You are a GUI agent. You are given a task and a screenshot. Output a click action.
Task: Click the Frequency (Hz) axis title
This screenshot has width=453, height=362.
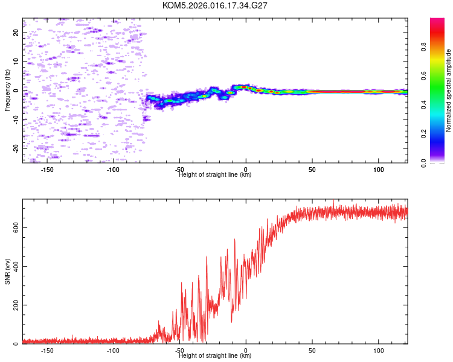pos(7,91)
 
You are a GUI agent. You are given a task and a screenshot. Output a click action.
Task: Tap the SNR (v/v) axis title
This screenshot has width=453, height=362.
pos(7,271)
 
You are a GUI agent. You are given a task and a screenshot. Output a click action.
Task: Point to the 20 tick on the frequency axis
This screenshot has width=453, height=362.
pos(16,33)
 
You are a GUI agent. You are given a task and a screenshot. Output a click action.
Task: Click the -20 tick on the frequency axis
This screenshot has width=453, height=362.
pos(16,148)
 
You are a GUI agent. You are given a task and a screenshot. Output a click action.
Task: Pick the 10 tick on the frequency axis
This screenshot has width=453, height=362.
pos(16,62)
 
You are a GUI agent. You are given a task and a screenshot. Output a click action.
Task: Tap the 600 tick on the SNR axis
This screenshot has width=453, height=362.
pos(14,227)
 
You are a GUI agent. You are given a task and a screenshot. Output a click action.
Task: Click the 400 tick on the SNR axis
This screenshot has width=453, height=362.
pos(14,266)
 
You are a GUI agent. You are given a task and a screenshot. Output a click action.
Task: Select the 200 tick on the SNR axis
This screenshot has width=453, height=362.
pos(14,305)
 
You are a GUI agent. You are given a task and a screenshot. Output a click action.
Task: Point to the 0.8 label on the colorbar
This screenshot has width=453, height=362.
pos(425,47)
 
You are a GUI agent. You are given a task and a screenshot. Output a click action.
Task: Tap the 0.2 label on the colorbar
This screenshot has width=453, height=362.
pos(425,134)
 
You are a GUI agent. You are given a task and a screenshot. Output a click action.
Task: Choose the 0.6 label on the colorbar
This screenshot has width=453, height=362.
pos(425,76)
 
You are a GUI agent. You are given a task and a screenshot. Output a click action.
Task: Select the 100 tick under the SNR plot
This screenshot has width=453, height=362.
pos(379,351)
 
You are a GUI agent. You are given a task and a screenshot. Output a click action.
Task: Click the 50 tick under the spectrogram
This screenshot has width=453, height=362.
pos(312,170)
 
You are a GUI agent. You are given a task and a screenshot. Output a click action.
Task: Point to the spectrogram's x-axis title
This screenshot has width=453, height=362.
pos(215,175)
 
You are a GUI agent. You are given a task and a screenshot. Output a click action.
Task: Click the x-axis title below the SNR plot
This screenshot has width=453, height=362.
pos(215,356)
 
